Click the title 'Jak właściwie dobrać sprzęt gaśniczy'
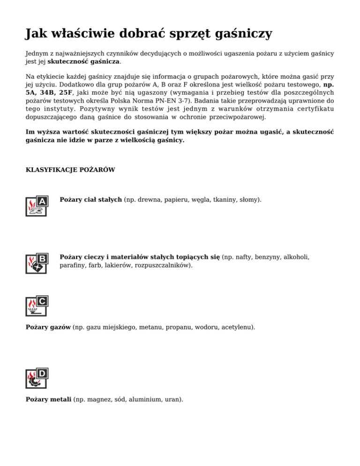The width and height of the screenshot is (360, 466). pos(149,34)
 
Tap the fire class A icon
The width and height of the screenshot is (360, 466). pos(37,206)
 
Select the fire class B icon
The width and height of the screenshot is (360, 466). pos(37,263)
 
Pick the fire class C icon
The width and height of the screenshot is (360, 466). pos(37,306)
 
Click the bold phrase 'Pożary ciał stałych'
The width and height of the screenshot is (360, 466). pos(91,200)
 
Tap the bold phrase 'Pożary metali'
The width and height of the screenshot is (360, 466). pos(48,399)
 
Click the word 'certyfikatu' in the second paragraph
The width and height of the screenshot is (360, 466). pos(315,109)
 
